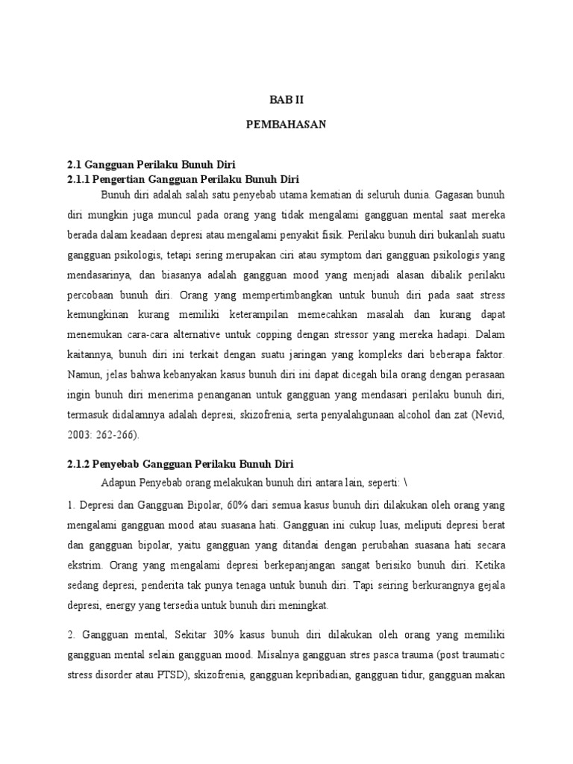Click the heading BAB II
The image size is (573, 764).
tap(286, 98)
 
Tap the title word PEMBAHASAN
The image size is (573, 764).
tap(286, 125)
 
